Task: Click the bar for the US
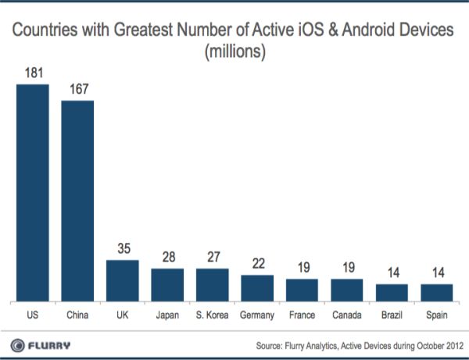(x=32, y=192)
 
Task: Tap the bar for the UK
(x=122, y=280)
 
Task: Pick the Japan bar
(x=167, y=284)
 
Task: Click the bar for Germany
(x=257, y=287)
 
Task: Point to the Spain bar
(x=437, y=292)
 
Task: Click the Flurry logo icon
(x=15, y=344)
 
